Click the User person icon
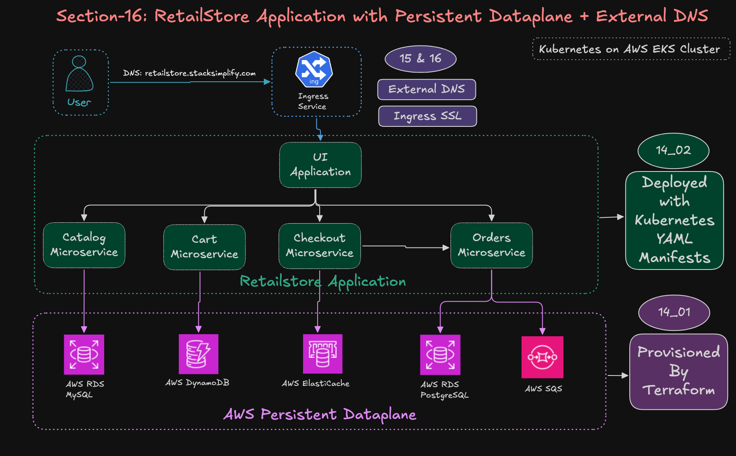click(x=79, y=74)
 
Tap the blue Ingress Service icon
click(x=314, y=69)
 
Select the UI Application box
click(x=320, y=165)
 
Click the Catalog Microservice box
click(x=84, y=245)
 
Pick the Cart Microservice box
click(x=204, y=247)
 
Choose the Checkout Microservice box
click(x=319, y=246)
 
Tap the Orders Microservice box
click(x=491, y=245)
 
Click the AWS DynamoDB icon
click(x=198, y=354)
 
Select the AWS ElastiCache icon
click(x=323, y=354)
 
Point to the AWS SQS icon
click(x=542, y=357)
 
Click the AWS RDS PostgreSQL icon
click(x=440, y=355)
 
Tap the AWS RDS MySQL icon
click(x=84, y=355)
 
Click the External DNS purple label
click(x=426, y=89)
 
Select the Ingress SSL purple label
click(x=427, y=116)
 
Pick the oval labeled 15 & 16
click(x=420, y=59)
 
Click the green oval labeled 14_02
click(x=673, y=151)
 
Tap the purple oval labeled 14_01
click(x=674, y=312)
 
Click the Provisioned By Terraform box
click(x=678, y=371)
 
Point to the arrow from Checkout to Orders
click(x=406, y=247)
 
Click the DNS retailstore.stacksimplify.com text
click(x=189, y=73)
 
